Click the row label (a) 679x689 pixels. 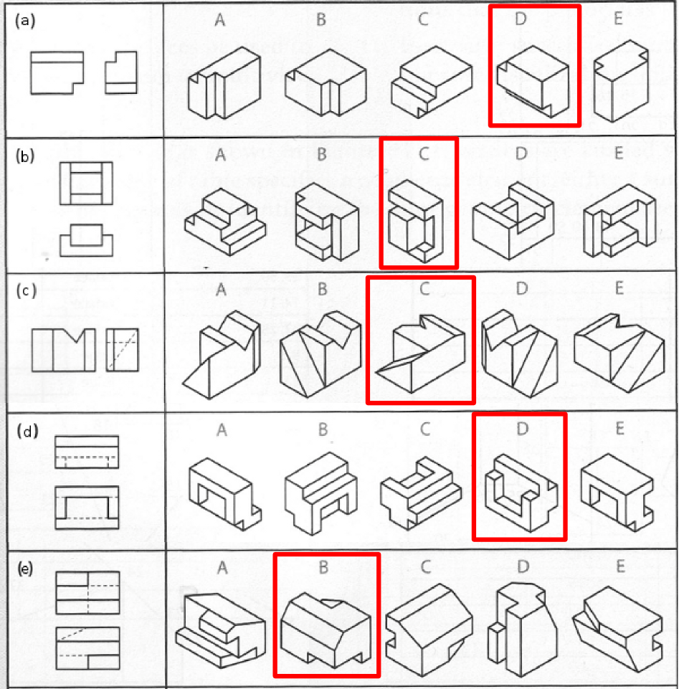25,21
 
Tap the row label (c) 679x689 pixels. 26,291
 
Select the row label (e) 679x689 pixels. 25,569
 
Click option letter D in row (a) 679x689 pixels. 521,19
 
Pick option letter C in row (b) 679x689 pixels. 424,154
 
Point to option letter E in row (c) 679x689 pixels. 619,288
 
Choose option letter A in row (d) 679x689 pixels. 222,429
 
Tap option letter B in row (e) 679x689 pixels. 323,567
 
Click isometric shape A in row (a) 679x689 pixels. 224,82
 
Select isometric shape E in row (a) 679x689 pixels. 621,81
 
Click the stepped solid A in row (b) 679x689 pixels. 225,222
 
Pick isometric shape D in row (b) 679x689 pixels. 513,222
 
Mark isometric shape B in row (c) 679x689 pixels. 320,354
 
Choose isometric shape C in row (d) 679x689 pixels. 421,493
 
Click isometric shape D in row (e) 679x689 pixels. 522,629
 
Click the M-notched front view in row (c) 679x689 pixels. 64,350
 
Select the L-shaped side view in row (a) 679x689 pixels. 121,72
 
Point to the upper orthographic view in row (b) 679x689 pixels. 86,184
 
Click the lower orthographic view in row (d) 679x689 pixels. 87,507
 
